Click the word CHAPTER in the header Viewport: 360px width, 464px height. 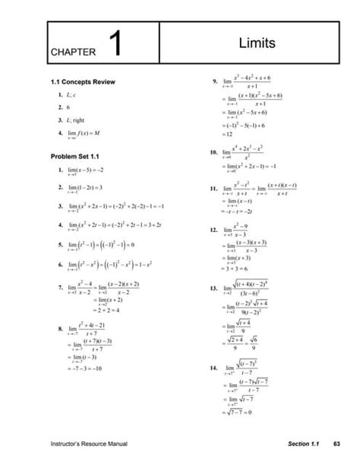pyautogui.click(x=74, y=52)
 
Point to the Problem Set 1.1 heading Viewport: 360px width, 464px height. pyautogui.click(x=75, y=155)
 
